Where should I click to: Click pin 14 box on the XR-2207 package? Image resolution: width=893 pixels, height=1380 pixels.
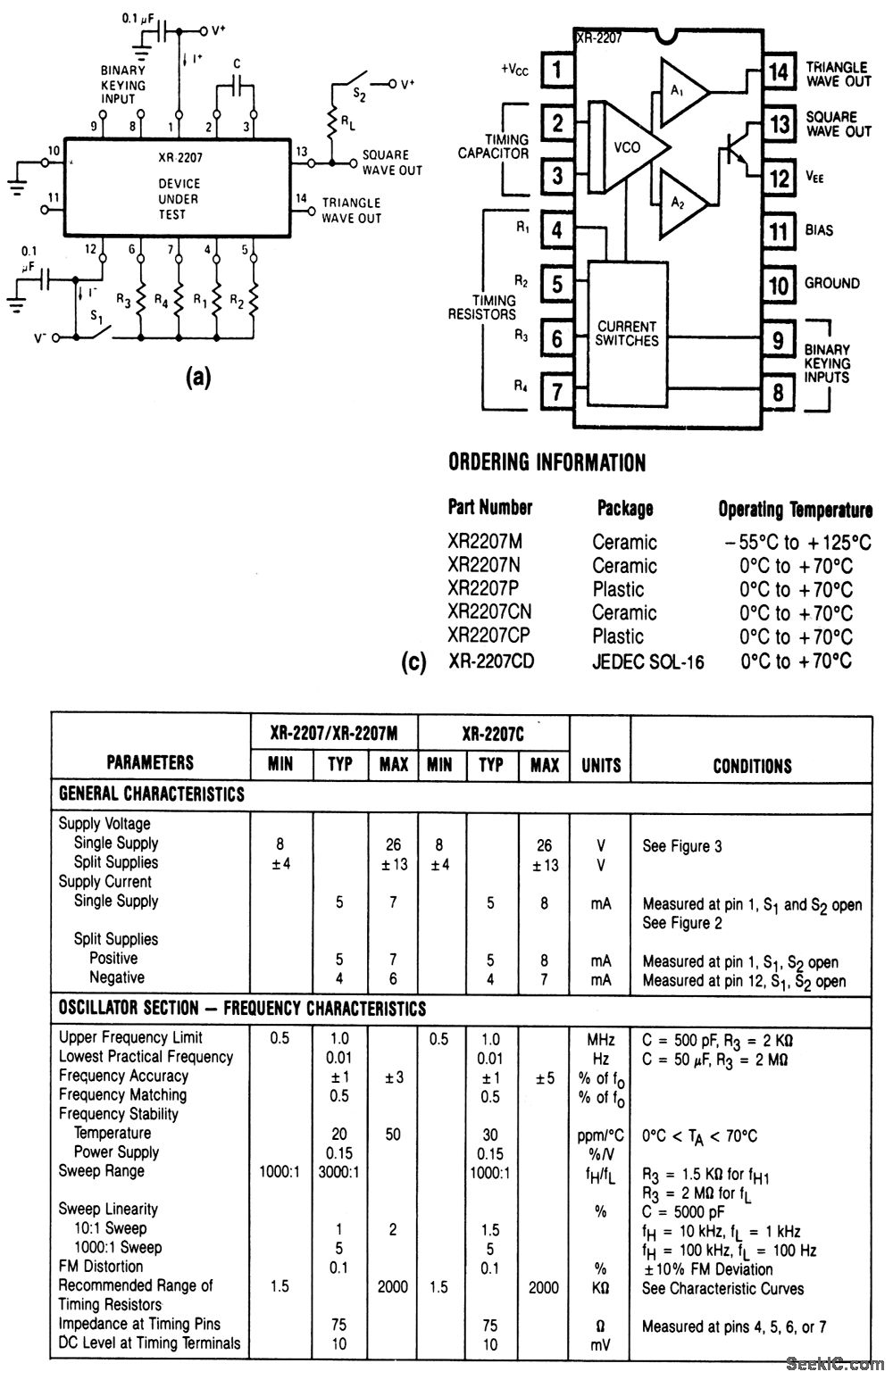pos(780,71)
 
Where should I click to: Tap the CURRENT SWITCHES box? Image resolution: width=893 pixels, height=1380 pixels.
pos(627,333)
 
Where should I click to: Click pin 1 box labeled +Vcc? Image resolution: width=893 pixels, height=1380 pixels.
pos(557,69)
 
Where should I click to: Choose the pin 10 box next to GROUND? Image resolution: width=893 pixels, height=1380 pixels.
pos(780,285)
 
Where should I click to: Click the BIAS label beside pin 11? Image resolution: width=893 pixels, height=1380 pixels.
pos(819,230)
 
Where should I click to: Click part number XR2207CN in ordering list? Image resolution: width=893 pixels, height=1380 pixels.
pos(489,613)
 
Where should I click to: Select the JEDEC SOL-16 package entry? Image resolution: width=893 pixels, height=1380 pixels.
pos(647,661)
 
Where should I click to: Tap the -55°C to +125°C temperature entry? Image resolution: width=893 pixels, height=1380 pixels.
pos(797,542)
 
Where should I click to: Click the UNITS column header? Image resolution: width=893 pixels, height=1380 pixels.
pos(601,765)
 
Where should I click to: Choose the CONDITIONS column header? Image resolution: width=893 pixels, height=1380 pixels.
pos(752,765)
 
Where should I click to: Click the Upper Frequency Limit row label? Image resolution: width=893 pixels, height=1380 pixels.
pos(130,1037)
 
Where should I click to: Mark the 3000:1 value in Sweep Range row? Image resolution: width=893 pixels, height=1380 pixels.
pos(339,1171)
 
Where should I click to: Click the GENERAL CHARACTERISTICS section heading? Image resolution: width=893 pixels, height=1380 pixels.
pos(152,793)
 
